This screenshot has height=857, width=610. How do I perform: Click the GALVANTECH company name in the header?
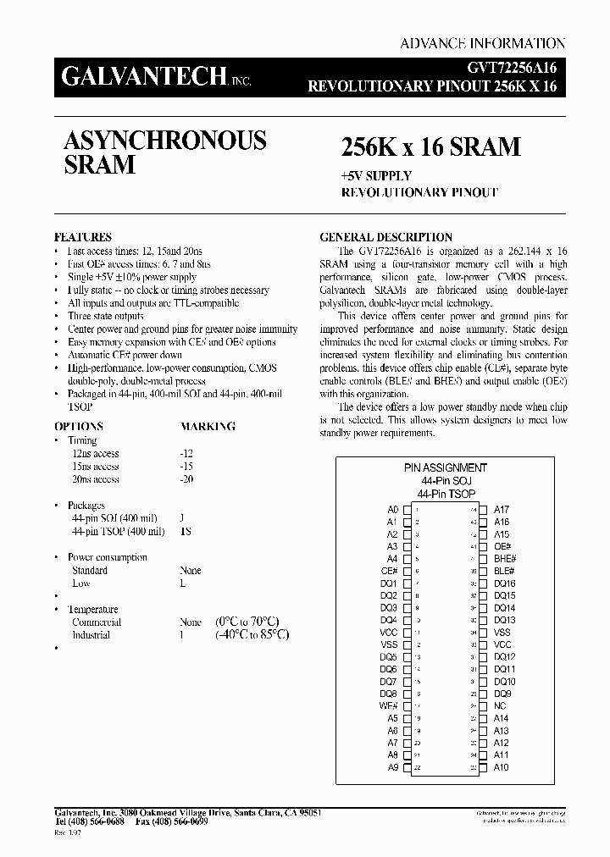click(141, 78)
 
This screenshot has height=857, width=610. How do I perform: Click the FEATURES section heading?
click(83, 238)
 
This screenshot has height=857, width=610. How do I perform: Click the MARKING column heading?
click(208, 426)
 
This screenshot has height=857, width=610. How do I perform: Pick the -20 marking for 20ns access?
click(186, 479)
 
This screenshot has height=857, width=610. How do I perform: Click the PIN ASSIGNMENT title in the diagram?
click(446, 467)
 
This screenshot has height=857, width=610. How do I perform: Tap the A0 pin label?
click(392, 510)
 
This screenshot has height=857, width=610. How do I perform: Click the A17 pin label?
click(502, 510)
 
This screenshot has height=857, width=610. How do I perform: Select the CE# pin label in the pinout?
click(390, 572)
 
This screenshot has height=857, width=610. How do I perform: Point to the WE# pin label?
click(389, 706)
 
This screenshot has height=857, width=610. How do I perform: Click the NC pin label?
click(499, 706)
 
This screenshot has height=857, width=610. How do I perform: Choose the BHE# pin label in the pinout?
click(505, 559)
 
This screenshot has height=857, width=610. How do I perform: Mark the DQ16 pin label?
click(505, 583)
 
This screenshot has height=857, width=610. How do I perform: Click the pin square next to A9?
click(408, 768)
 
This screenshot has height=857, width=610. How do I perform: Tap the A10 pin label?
click(502, 768)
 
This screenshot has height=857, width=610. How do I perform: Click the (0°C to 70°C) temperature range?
click(252, 622)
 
